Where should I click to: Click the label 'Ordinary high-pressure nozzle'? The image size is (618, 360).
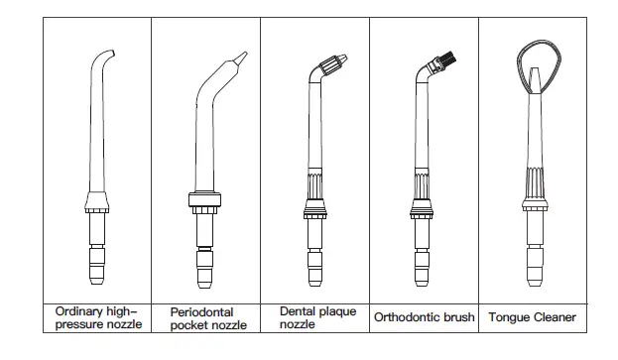pyautogui.click(x=98, y=316)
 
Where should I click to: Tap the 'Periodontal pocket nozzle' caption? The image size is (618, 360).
pyautogui.click(x=207, y=317)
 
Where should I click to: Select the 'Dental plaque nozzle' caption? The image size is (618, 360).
pyautogui.click(x=314, y=316)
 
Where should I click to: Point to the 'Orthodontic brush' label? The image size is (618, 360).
pyautogui.click(x=424, y=317)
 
